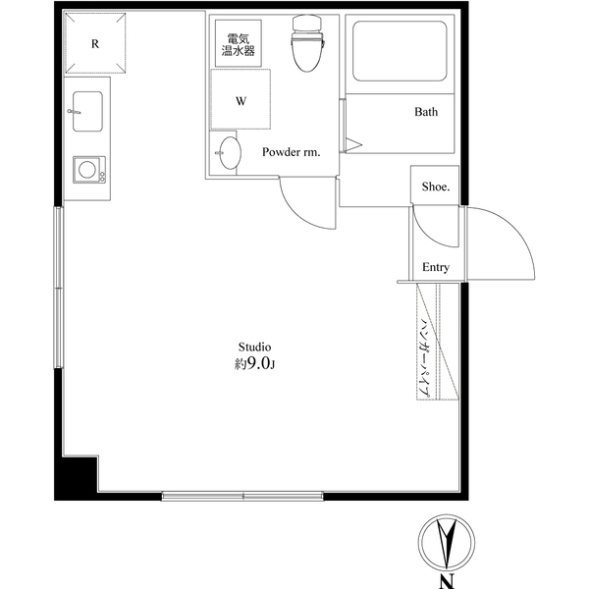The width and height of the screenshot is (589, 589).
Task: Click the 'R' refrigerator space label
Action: click(x=95, y=44)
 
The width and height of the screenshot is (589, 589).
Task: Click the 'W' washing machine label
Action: click(x=241, y=100)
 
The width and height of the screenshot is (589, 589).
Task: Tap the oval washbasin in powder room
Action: click(x=229, y=154)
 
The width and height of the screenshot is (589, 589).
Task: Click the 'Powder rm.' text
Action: click(x=291, y=152)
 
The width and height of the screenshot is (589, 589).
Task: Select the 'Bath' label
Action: click(x=425, y=112)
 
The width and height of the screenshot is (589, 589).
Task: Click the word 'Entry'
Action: click(x=435, y=268)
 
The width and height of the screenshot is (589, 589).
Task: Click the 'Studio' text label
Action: click(x=254, y=347)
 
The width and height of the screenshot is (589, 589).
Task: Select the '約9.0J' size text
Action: click(x=254, y=364)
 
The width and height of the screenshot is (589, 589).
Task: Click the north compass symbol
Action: click(x=447, y=541)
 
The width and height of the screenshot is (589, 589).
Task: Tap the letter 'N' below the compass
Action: click(x=447, y=581)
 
